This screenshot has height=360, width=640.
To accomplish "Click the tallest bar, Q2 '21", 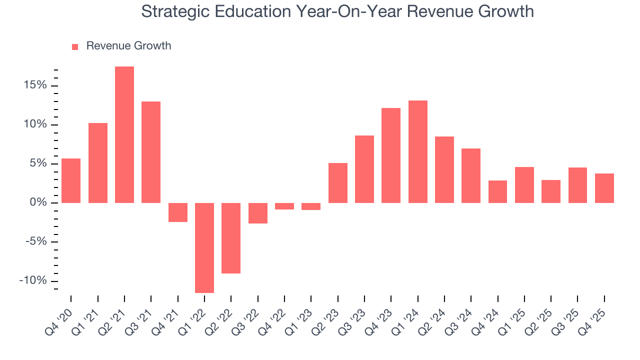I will (x=124, y=134).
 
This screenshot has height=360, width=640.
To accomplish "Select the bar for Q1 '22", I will (x=204, y=247).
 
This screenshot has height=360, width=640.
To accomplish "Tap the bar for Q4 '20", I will (x=71, y=180).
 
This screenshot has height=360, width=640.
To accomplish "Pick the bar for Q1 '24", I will (x=417, y=151).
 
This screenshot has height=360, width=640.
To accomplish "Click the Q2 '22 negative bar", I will (x=231, y=238).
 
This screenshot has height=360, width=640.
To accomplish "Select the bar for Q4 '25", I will (x=604, y=188).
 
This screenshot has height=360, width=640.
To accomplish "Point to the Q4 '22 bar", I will (x=284, y=206).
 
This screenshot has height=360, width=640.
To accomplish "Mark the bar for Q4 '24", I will (x=497, y=191).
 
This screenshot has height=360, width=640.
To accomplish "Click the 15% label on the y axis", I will (x=34, y=85).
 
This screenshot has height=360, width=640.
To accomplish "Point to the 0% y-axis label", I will (x=38, y=203).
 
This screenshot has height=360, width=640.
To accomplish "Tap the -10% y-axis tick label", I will (x=33, y=280).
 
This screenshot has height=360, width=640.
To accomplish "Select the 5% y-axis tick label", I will (x=38, y=163).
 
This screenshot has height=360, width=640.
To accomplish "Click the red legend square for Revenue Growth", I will (x=75, y=46).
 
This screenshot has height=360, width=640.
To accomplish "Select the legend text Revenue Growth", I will (x=128, y=46).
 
